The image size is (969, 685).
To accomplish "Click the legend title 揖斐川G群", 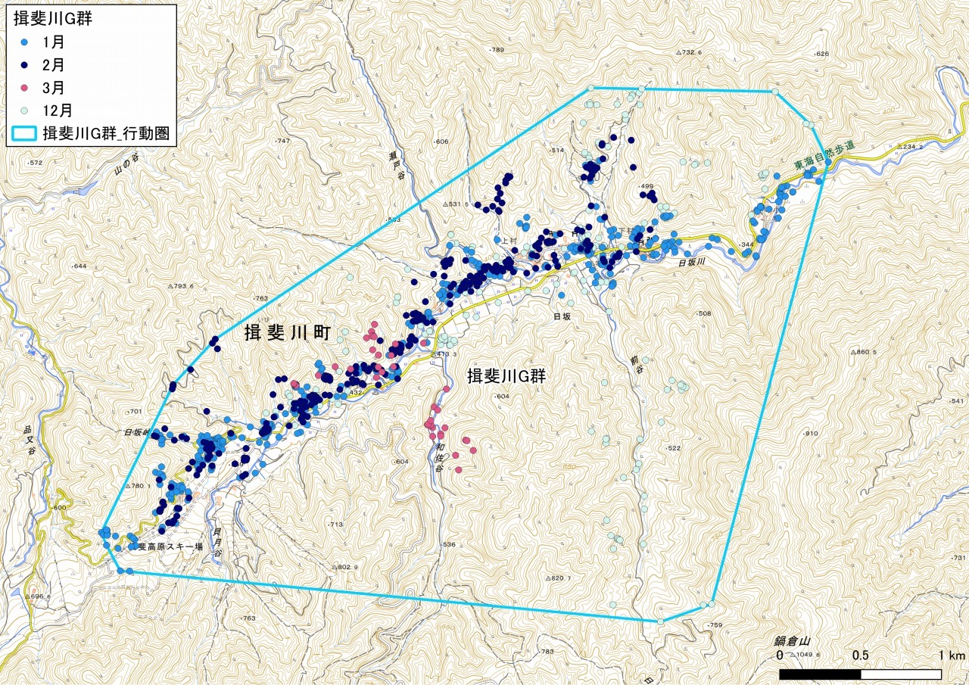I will click(53, 19).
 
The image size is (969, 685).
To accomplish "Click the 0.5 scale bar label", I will click(860, 655).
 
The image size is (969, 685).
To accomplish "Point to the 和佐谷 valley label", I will click(438, 456).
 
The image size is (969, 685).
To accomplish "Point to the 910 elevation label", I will click(812, 433).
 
